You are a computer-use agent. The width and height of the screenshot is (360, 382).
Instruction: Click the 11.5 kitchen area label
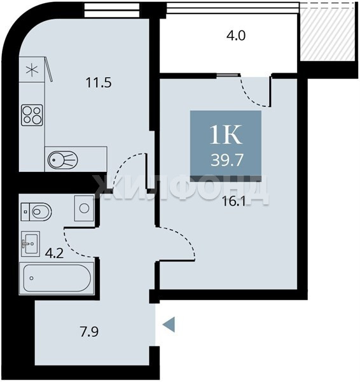coord(99,83)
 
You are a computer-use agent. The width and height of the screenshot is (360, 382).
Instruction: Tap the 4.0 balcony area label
coord(236,36)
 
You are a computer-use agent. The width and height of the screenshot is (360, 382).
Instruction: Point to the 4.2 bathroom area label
coord(54,253)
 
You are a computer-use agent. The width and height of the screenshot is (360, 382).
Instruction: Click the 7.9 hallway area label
coord(89,332)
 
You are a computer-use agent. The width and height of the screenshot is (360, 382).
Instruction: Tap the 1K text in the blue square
coord(226,135)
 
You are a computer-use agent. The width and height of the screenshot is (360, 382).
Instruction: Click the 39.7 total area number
coord(227,160)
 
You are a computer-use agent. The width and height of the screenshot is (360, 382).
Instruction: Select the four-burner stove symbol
coord(32,115)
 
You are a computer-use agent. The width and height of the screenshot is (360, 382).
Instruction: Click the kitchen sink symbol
coord(62,160)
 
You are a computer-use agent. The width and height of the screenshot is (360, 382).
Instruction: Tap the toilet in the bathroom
coord(36,212)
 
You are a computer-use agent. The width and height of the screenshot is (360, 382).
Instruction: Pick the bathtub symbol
coord(57,278)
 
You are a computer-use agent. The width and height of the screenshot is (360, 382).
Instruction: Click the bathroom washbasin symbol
coord(31,243)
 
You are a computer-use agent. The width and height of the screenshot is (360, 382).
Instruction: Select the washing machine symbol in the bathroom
coord(84,208)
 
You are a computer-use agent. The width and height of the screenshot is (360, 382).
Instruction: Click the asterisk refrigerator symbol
coord(32,69)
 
